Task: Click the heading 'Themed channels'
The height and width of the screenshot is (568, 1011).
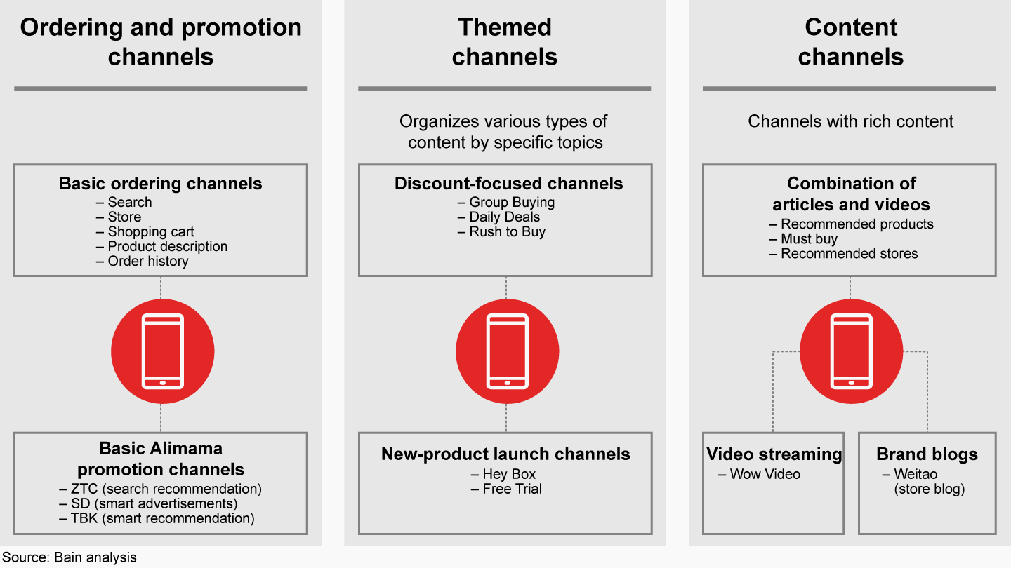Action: pyautogui.click(x=505, y=42)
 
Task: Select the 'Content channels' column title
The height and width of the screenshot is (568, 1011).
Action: pyautogui.click(x=851, y=42)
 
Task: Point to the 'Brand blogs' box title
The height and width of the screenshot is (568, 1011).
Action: pyautogui.click(x=927, y=454)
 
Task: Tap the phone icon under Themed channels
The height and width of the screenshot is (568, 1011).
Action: pyautogui.click(x=508, y=351)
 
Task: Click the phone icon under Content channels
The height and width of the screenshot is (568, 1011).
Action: pyautogui.click(x=851, y=351)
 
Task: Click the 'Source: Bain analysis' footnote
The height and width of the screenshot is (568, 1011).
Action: pyautogui.click(x=69, y=557)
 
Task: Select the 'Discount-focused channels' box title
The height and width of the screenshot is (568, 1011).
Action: pyautogui.click(x=508, y=184)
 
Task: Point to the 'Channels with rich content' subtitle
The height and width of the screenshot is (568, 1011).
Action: pyautogui.click(x=851, y=121)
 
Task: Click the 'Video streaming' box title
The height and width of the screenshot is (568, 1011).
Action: pyautogui.click(x=774, y=454)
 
